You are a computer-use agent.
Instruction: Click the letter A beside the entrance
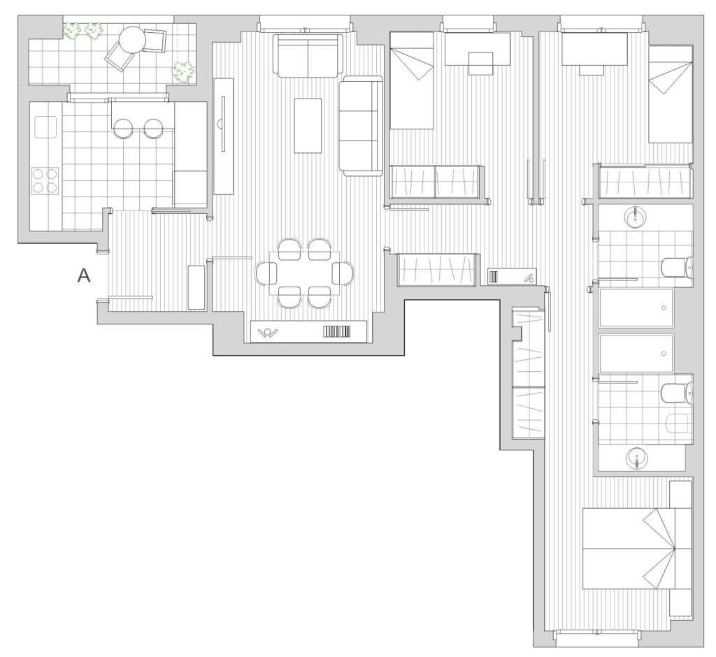point(84,275)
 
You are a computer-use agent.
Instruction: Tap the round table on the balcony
point(131,40)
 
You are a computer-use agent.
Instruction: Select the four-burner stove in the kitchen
point(45,181)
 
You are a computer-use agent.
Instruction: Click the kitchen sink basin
point(45,127)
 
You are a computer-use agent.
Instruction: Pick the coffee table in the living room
point(308,126)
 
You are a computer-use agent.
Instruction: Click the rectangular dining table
point(305,273)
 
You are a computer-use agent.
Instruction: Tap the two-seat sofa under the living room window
point(308,55)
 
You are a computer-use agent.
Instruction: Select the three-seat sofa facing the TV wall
point(361,126)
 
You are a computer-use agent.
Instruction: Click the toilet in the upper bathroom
point(677,266)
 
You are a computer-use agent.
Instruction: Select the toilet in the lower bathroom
point(677,393)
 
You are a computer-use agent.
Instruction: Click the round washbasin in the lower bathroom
point(636,458)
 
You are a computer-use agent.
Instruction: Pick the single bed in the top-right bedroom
point(671,94)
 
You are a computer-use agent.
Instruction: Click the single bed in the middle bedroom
point(411,80)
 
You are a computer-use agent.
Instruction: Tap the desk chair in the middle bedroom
point(481,64)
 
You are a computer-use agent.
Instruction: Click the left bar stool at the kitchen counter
point(123,129)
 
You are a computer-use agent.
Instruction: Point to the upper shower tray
point(636,308)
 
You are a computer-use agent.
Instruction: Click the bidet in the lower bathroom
point(678,424)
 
